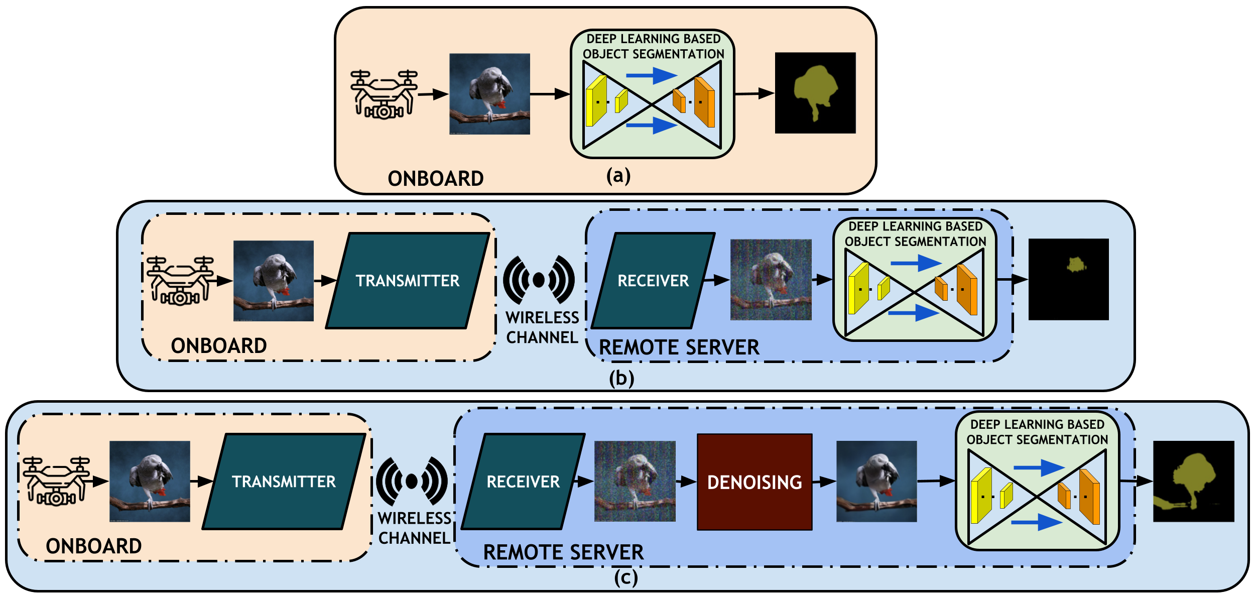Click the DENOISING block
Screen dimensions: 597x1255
tap(755, 482)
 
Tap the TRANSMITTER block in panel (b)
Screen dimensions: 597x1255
tap(408, 281)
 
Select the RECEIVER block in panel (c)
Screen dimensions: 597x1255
tap(523, 482)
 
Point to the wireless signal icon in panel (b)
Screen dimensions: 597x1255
tap(539, 280)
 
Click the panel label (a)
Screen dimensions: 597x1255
tap(618, 176)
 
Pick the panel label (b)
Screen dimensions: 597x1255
tap(621, 378)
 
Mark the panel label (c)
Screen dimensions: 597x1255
tap(626, 577)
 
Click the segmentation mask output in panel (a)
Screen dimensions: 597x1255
tap(815, 93)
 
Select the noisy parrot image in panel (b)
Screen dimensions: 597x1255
tap(771, 280)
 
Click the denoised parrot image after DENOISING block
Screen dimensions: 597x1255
tap(876, 482)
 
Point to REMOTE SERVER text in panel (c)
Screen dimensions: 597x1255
tap(563, 552)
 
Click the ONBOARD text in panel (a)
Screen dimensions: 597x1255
tap(435, 179)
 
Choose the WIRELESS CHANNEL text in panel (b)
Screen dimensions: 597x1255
tap(542, 327)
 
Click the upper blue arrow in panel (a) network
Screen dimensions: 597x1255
tap(652, 76)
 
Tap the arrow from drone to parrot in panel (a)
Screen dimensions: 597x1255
tap(433, 94)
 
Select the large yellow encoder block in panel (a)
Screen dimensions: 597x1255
tap(596, 101)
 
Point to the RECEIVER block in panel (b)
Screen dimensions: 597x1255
tap(653, 281)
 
